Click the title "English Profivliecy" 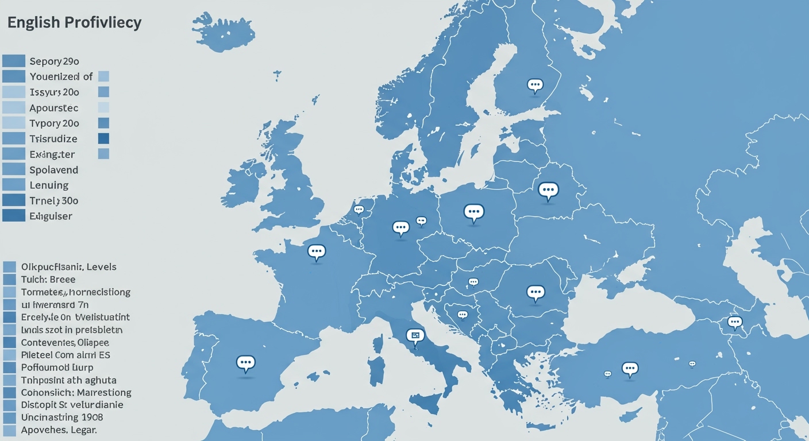point(74,23)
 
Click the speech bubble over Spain point(245,362)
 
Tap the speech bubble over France point(316,251)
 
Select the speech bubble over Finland point(535,86)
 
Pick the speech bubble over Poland point(473,212)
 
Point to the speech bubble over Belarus point(548,190)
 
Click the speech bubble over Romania point(535,293)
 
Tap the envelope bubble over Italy point(414,335)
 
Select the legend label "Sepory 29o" point(54,61)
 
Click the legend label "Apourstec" point(54,108)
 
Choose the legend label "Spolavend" point(54,170)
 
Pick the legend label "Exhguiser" point(51,216)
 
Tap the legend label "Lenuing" point(49,185)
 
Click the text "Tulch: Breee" point(48,280)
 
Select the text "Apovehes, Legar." point(59,430)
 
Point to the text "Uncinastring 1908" point(62,417)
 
